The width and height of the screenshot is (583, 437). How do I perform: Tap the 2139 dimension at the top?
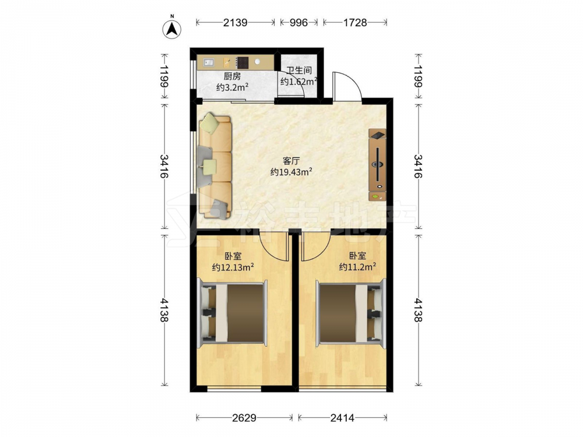click(236, 23)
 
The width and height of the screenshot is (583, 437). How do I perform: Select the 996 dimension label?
click(299, 23)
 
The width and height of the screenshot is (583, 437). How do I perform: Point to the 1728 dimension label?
click(354, 23)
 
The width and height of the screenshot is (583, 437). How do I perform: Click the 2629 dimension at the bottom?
click(244, 418)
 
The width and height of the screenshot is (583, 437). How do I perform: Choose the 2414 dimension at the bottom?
click(342, 418)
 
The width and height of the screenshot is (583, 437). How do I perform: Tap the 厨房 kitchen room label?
click(232, 76)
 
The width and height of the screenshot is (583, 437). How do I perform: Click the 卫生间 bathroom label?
click(299, 71)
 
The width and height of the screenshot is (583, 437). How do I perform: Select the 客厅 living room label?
click(291, 161)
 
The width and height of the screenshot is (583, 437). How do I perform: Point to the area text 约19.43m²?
click(291, 172)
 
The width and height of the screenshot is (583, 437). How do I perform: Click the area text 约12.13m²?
click(233, 267)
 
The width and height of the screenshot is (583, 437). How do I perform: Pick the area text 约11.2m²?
click(357, 266)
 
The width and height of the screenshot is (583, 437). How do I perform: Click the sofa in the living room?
click(215, 165)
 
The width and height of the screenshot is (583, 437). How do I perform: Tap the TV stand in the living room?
click(377, 165)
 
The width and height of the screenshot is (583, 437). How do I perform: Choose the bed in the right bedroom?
click(350, 312)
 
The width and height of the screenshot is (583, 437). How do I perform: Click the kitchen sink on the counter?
click(209, 62)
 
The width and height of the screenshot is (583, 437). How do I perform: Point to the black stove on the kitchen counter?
click(243, 62)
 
